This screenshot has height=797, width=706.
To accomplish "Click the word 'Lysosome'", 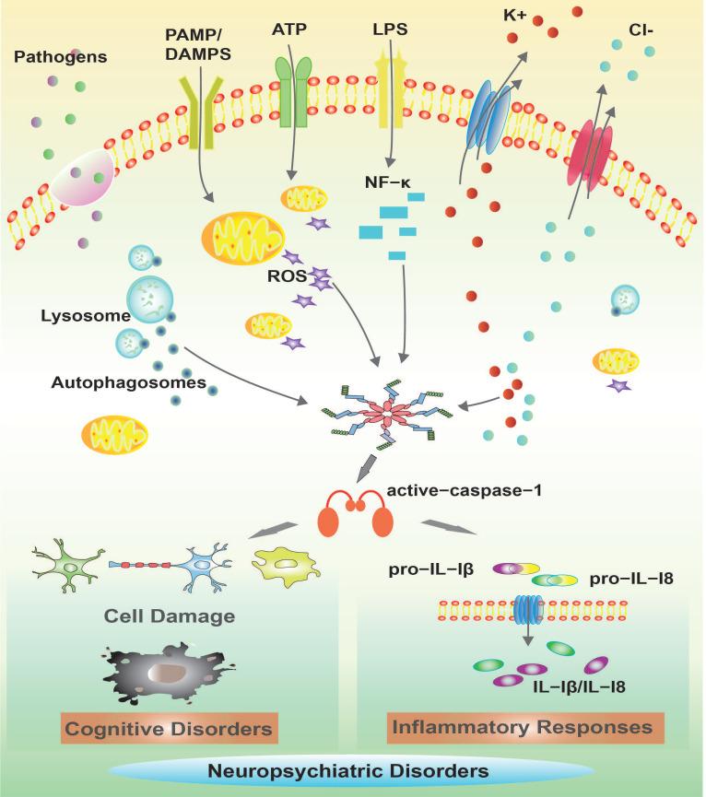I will (x=83, y=315).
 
